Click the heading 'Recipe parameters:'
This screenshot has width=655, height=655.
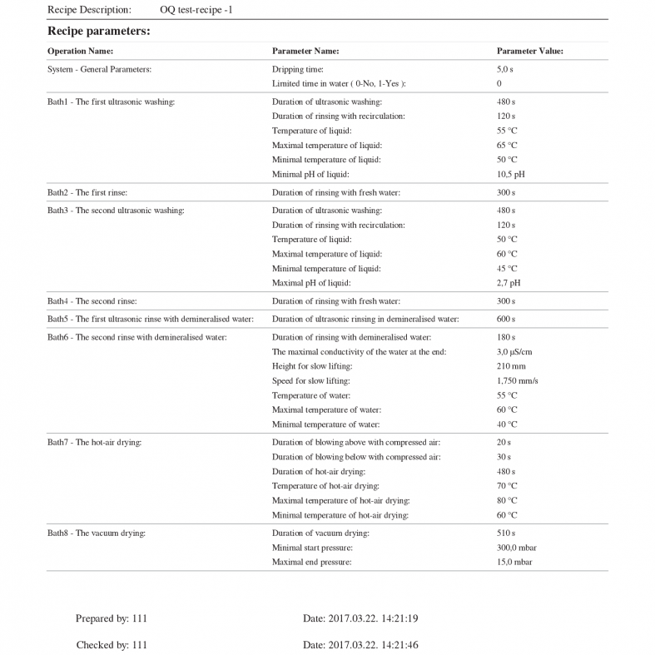98,31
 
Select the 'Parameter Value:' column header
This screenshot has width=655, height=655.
529,52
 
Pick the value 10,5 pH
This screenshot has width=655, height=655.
510,175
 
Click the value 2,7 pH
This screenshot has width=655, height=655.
509,283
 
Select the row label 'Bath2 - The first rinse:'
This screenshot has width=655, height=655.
87,193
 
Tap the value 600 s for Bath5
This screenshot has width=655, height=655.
506,320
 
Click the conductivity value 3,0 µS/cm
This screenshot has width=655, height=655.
514,352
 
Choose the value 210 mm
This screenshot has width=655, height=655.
511,366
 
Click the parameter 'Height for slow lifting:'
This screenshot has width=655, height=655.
312,366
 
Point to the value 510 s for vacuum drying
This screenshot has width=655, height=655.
506,533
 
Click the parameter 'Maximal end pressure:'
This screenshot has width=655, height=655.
311,563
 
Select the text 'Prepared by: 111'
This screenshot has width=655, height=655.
111,619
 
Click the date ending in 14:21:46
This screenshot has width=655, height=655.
360,645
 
